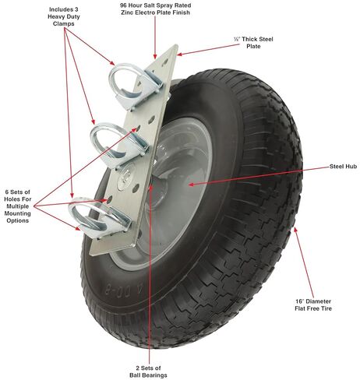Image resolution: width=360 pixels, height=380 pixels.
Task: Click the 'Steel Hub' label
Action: (x=343, y=167)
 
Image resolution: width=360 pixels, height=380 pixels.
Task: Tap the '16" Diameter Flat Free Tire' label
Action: (x=313, y=305)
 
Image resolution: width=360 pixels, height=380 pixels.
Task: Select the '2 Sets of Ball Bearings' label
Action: (x=148, y=371)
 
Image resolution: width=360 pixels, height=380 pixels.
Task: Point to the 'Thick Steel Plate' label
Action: (x=253, y=43)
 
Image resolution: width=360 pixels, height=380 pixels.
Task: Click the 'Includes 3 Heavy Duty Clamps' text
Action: (x=64, y=16)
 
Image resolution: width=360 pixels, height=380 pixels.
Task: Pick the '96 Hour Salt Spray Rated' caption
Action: (x=156, y=5)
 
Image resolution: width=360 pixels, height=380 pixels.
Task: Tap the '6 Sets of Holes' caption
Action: (x=18, y=195)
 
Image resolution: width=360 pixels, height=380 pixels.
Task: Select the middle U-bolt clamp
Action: (x=119, y=145)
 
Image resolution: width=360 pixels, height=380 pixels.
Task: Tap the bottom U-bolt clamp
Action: (x=100, y=217)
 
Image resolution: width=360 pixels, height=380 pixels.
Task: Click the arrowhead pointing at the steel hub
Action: (x=192, y=185)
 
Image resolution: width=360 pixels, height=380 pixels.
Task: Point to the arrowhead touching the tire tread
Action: (x=295, y=230)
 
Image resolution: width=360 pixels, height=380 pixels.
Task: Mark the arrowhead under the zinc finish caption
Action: (x=155, y=56)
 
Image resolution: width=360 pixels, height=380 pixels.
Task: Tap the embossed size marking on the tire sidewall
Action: (x=124, y=290)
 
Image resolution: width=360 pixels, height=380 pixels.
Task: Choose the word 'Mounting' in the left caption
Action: (x=18, y=213)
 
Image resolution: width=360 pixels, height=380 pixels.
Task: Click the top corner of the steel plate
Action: (x=177, y=45)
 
